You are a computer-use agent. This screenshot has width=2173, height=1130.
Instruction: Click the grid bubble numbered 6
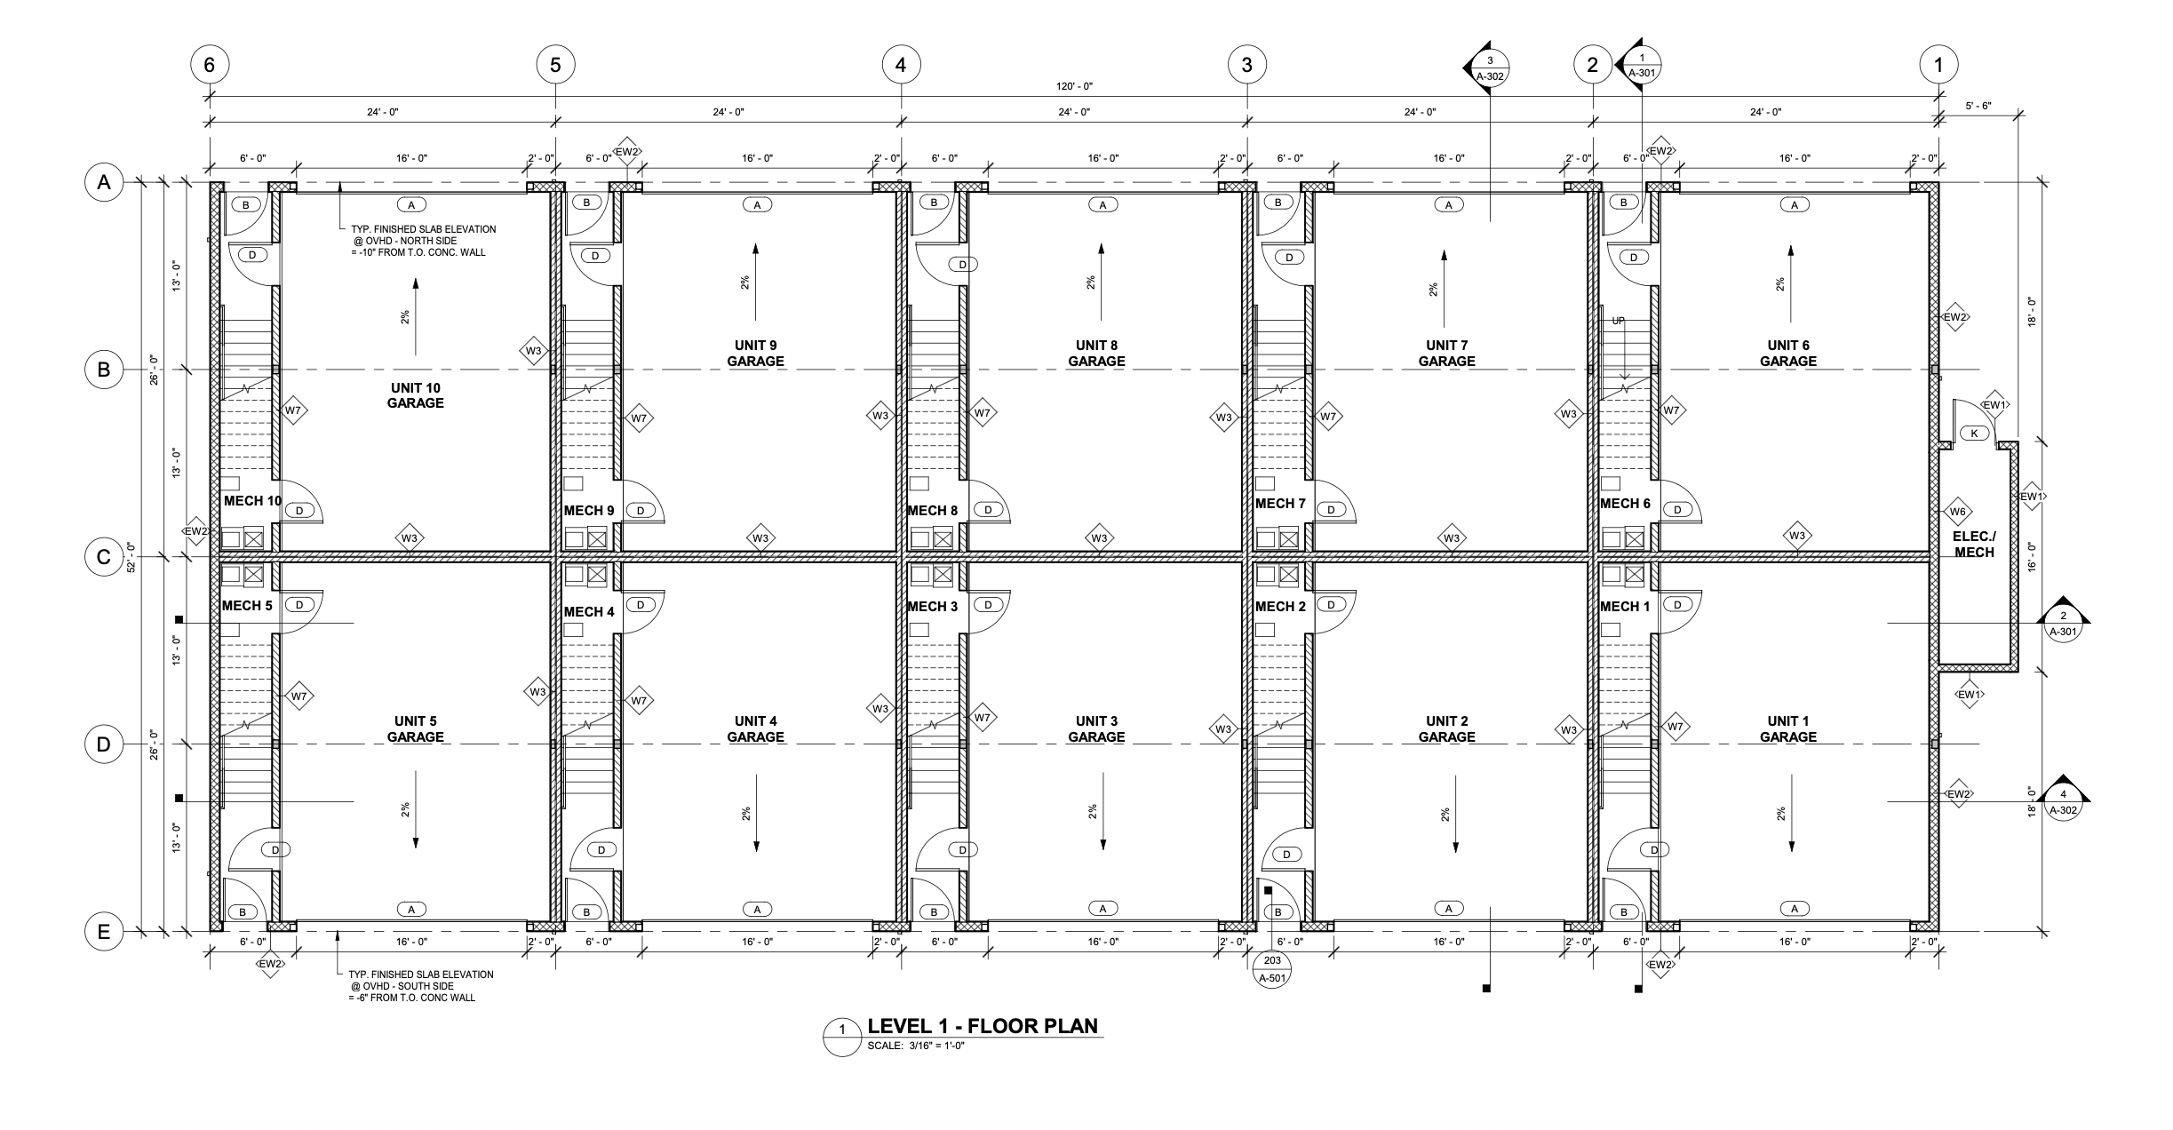[210, 65]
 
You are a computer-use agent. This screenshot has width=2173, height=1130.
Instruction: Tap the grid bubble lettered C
[104, 557]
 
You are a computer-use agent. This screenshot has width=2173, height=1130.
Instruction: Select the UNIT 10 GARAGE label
[415, 395]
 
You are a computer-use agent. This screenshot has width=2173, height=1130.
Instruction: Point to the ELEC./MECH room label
[1974, 545]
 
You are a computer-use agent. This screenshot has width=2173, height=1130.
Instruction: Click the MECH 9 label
[589, 511]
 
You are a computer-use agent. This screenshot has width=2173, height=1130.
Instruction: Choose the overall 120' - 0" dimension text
[1074, 86]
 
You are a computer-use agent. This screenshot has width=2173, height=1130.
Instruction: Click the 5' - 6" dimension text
[1978, 106]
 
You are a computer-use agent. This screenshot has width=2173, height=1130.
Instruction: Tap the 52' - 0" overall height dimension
[131, 557]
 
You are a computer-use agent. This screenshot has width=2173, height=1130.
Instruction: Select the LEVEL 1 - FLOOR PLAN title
[983, 1026]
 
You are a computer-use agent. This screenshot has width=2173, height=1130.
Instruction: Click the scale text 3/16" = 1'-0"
[937, 1046]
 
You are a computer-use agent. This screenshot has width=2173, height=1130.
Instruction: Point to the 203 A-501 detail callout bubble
[1272, 969]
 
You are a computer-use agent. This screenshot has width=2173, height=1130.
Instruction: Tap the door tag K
[1974, 434]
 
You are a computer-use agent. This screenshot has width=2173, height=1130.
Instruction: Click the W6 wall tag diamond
[1958, 512]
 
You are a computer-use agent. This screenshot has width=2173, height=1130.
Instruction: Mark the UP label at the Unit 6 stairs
[1618, 321]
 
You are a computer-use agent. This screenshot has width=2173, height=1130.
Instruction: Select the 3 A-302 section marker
[1486, 67]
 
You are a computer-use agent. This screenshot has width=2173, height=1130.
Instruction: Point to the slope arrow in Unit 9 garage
[755, 282]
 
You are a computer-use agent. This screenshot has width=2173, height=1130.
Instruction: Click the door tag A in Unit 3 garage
[1102, 909]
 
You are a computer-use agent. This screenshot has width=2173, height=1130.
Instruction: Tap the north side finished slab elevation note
[422, 241]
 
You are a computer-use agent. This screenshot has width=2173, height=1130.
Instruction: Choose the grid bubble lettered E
[104, 932]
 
